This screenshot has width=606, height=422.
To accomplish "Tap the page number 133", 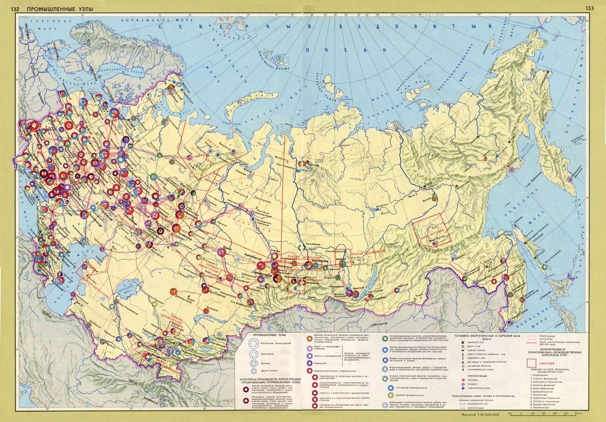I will [x=590, y=8].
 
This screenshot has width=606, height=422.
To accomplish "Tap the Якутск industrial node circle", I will [x=434, y=198].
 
